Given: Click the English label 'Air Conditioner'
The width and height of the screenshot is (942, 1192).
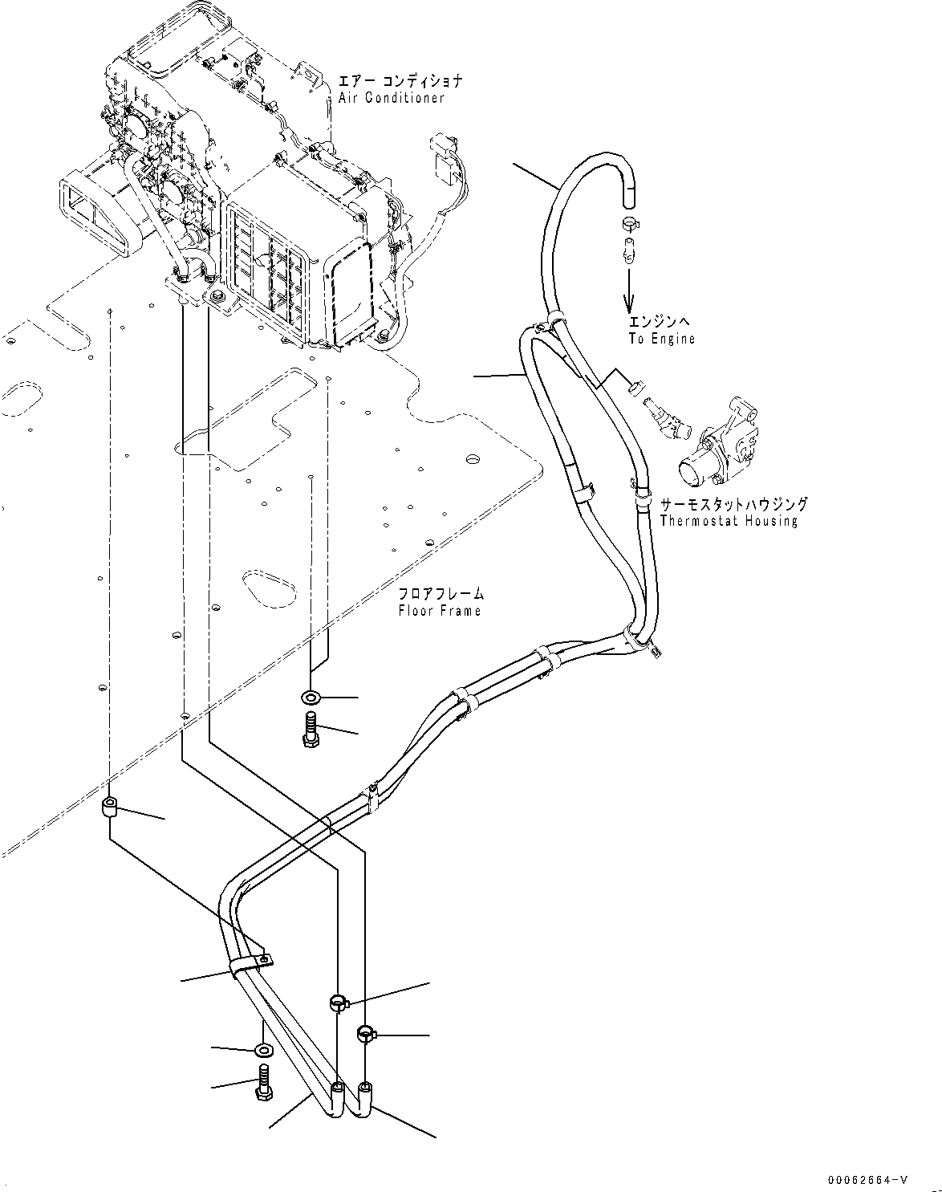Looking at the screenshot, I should tap(391, 98).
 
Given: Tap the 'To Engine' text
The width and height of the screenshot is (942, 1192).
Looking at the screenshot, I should tap(661, 339).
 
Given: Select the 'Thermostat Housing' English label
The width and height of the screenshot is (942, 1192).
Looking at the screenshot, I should tap(729, 521).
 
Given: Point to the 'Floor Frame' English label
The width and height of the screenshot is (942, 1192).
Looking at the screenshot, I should tap(440, 611).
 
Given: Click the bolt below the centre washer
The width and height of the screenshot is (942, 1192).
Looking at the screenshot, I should tap(312, 729).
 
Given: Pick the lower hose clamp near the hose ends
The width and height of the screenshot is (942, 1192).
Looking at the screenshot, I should tap(366, 1034).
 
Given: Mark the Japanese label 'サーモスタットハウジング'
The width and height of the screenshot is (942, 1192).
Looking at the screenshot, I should tap(733, 505).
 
